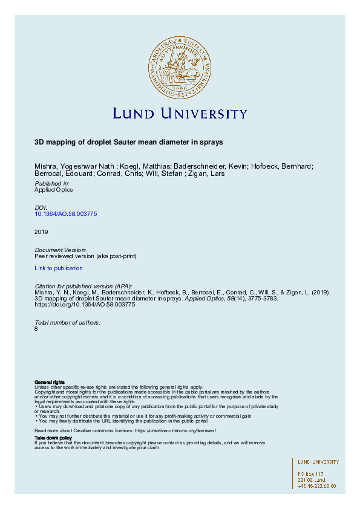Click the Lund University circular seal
[180, 66]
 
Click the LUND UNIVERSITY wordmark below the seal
[180, 114]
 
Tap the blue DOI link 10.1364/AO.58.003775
[66, 213]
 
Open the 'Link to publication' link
[59, 268]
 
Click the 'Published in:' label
[52, 183]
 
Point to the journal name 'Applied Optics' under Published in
[54, 189]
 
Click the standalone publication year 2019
[42, 232]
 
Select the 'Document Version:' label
[61, 250]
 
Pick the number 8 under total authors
[37, 329]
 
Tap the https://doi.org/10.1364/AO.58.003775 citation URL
[85, 305]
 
